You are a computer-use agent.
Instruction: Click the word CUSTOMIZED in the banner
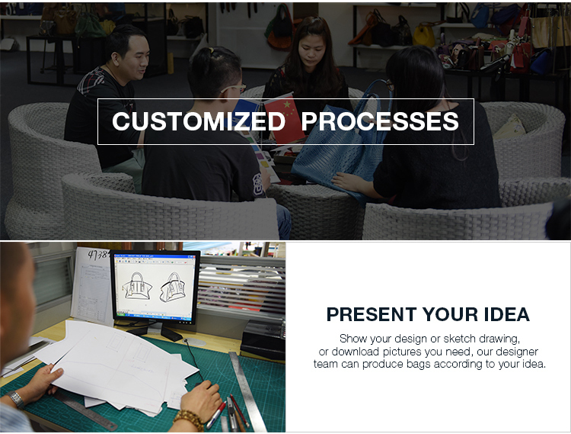click(x=199, y=121)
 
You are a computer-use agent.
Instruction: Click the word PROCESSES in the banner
click(x=380, y=121)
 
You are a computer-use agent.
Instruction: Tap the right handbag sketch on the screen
click(x=172, y=288)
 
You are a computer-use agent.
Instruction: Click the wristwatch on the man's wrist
click(x=16, y=400)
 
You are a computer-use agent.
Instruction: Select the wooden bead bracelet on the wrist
click(x=189, y=420)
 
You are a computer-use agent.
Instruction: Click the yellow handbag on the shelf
click(x=424, y=34)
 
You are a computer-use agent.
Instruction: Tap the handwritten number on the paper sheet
click(x=97, y=255)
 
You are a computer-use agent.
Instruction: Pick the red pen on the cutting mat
click(x=217, y=415)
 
